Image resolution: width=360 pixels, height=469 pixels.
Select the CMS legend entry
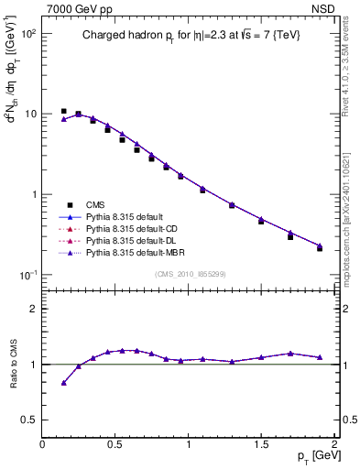95,205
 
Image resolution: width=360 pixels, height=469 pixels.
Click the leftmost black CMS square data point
63,112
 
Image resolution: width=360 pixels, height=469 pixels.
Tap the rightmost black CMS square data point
320,248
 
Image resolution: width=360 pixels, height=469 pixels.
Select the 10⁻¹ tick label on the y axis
27,275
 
